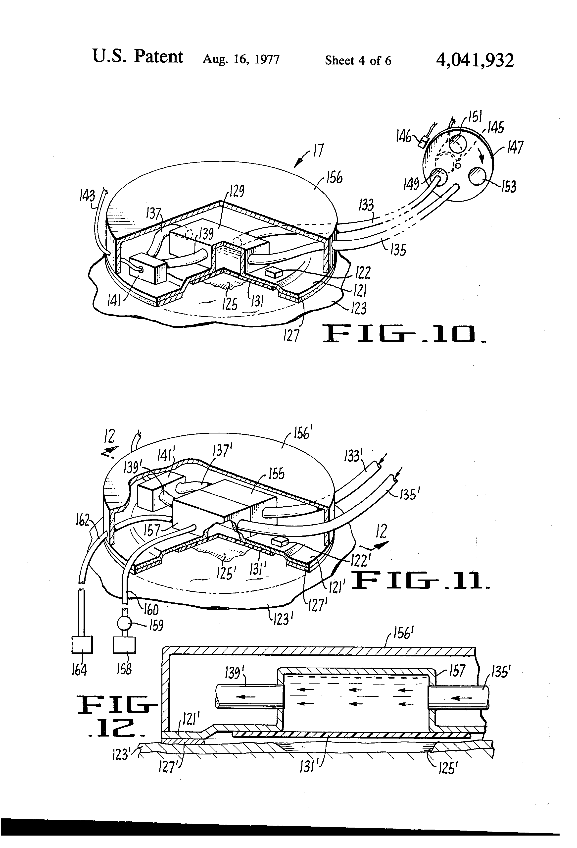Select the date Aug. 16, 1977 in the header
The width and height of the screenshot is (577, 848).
point(241,59)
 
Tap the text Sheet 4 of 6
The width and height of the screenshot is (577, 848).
point(358,60)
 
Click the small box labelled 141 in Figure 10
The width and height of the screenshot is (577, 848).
point(148,269)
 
